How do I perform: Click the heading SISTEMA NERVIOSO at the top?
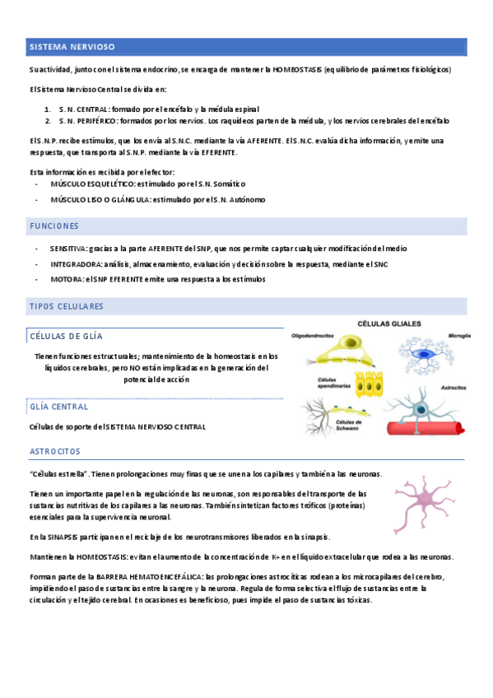[x=72, y=47]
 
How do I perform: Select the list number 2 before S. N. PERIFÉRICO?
[x=48, y=120]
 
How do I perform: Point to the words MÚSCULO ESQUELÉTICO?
[x=91, y=184]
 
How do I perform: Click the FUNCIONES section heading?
[x=54, y=226]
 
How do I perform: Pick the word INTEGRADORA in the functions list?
[x=75, y=264]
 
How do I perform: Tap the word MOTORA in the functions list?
[x=66, y=279]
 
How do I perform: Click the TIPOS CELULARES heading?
[x=67, y=306]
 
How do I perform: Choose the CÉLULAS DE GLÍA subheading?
[x=66, y=336]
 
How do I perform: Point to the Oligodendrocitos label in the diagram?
[x=315, y=335]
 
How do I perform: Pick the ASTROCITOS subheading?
[x=55, y=452]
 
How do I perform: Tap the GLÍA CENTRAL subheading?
[x=59, y=407]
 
